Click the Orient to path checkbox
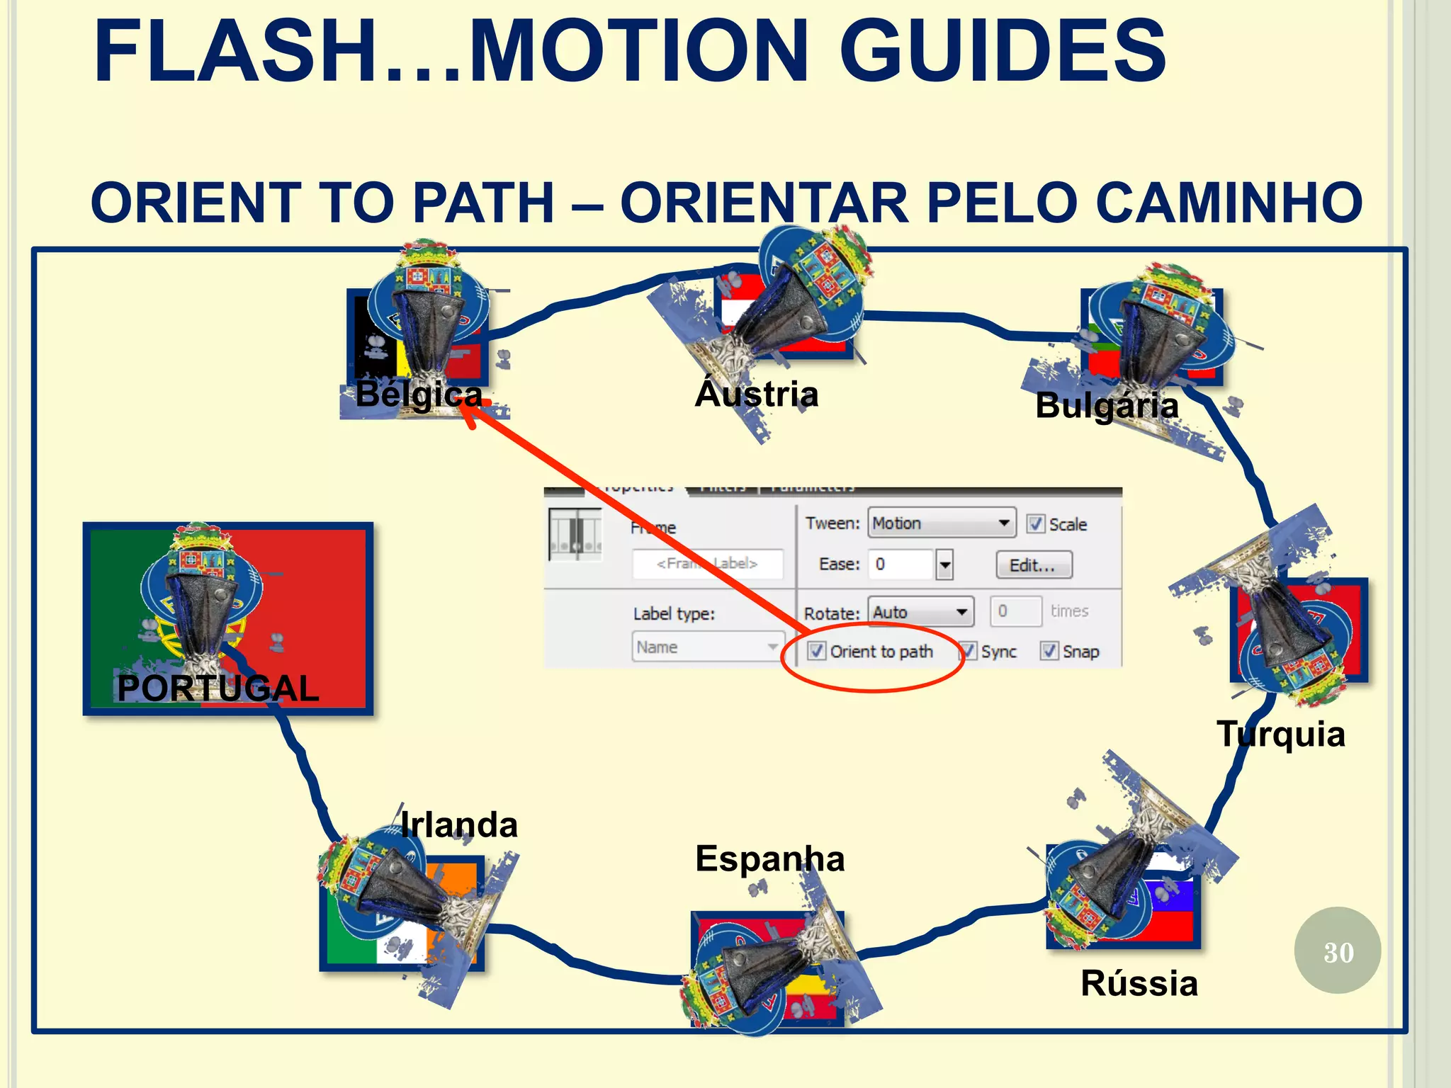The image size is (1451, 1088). pos(816,651)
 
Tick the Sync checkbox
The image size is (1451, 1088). pos(969,651)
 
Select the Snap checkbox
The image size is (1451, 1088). pos(1049,651)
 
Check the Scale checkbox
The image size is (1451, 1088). pos(1035,523)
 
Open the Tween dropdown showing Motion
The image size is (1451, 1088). pos(941,523)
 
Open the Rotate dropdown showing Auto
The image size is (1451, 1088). pos(920,612)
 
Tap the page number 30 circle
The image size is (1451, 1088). pos(1337,951)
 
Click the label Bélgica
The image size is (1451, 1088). pos(419,395)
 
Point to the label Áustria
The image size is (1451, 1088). pos(757,394)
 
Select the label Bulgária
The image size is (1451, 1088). pos(1107,406)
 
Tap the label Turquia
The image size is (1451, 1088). pos(1281,734)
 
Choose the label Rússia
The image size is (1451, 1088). pos(1139,984)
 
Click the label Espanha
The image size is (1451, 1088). pos(770,859)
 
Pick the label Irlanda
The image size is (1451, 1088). pos(459,825)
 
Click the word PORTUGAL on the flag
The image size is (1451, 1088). pos(218,688)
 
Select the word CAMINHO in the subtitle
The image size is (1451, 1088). pos(1229,203)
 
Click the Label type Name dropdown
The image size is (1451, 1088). pos(707,647)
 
